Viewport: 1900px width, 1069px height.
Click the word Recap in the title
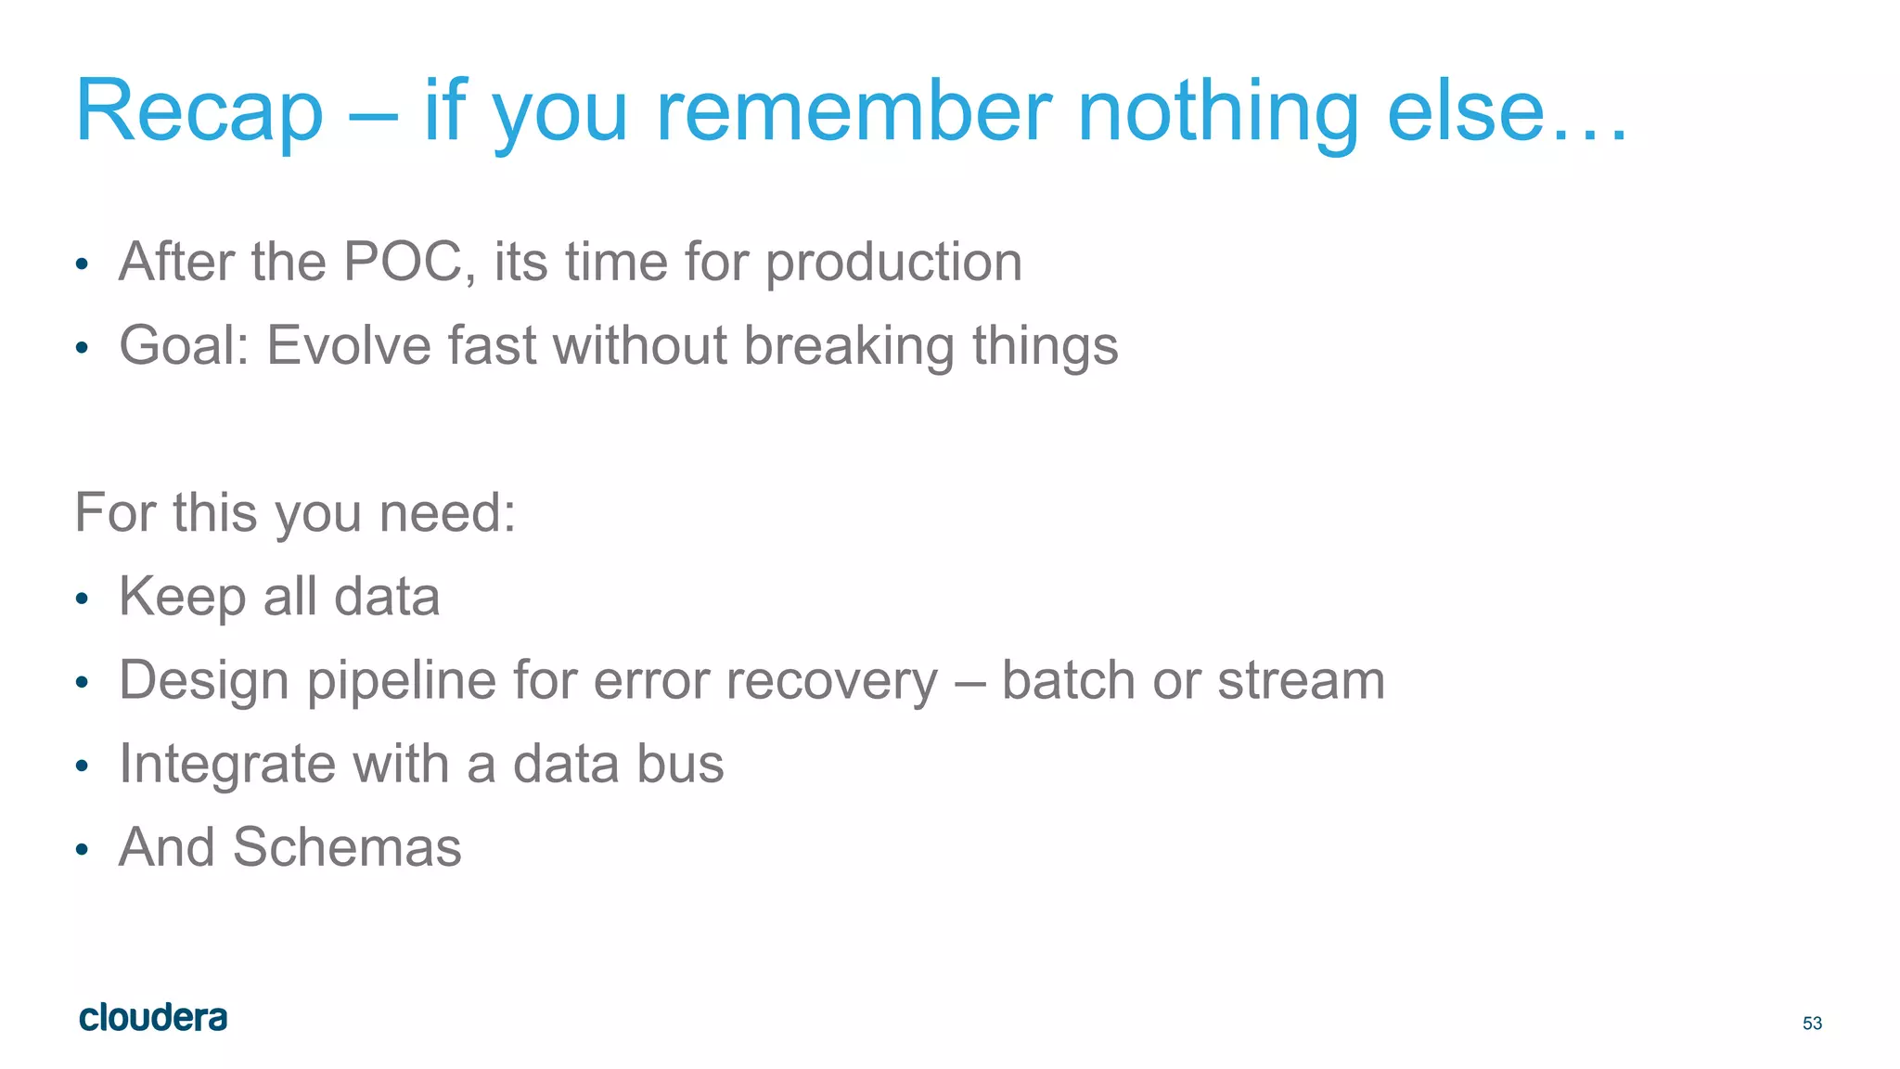pos(199,111)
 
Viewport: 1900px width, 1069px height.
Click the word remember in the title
pos(854,111)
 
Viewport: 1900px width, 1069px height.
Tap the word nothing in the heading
pos(1217,111)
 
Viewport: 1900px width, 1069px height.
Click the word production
pos(893,264)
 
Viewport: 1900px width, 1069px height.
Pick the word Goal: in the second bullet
pos(184,346)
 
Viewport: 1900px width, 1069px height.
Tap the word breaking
pos(849,346)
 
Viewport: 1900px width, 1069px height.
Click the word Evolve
pos(348,346)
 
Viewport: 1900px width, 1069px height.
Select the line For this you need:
pos(295,513)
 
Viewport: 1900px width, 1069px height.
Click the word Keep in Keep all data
pos(182,597)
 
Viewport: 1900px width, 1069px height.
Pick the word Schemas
pos(346,847)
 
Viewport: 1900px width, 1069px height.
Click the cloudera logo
pos(153,1018)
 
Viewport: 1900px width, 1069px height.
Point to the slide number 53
pos(1812,1023)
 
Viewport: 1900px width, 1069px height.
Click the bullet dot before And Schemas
pos(82,849)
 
